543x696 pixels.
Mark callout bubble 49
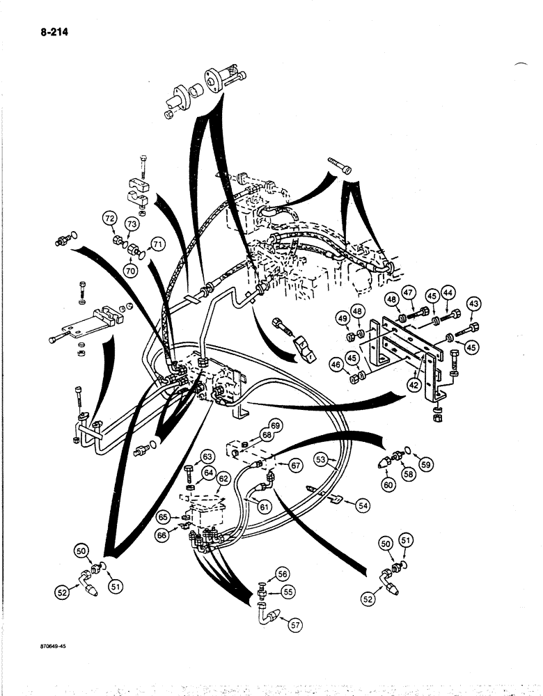[x=342, y=319]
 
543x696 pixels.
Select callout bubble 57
[x=296, y=624]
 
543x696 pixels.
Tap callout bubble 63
[x=207, y=457]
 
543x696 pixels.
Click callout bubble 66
[x=164, y=535]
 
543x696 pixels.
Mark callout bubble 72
[x=109, y=218]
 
